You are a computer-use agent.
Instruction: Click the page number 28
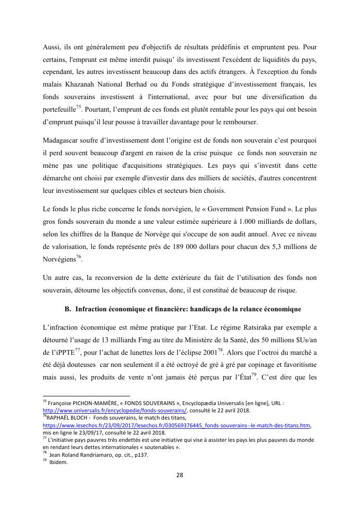click(179, 475)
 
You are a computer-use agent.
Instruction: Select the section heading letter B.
click(67, 308)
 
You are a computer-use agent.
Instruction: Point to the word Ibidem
click(58, 462)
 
